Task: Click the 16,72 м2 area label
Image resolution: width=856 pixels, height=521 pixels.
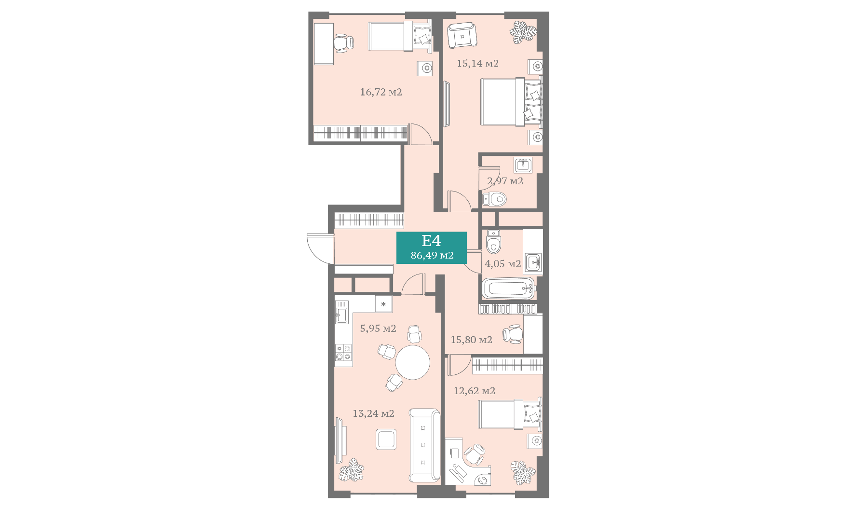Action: click(381, 92)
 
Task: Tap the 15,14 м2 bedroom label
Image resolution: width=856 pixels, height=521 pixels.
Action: click(477, 63)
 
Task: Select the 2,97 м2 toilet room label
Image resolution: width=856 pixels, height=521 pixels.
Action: click(505, 181)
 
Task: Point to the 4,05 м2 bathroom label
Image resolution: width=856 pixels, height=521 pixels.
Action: click(503, 264)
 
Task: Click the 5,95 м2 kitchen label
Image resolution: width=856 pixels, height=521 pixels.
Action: click(378, 329)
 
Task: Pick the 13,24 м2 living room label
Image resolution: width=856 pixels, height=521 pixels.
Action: click(373, 413)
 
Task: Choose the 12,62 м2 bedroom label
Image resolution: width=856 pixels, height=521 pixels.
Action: click(474, 391)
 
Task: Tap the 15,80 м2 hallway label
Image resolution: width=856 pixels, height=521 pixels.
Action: click(471, 340)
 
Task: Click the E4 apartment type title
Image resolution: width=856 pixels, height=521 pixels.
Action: click(431, 240)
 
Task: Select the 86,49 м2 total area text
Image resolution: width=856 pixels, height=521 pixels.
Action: click(432, 255)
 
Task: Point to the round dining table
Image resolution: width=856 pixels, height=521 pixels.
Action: click(412, 362)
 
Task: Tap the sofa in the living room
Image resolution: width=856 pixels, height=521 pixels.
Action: click(425, 445)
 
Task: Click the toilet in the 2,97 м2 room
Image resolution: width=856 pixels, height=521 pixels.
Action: click(494, 198)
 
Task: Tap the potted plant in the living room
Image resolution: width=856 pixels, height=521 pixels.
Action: click(351, 470)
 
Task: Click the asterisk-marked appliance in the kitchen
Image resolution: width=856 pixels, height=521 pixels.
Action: click(383, 304)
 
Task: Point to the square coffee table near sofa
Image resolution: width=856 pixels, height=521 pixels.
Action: click(386, 439)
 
